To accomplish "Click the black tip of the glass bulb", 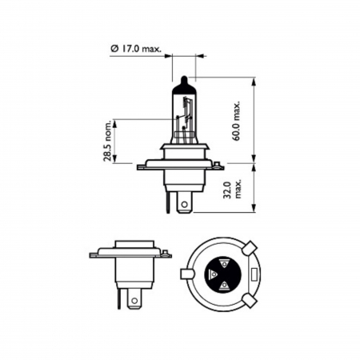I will [x=183, y=82].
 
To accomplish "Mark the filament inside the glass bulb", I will [x=186, y=116].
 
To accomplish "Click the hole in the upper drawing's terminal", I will [x=185, y=204].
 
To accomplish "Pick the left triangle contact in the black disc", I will [x=212, y=276].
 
